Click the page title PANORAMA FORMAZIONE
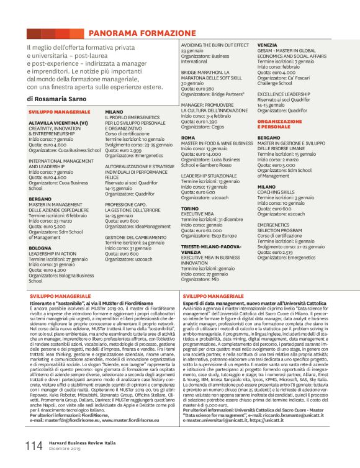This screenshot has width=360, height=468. coord(142,33)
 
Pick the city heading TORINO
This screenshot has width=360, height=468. coord(190,209)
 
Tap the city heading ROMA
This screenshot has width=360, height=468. coord(188,138)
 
